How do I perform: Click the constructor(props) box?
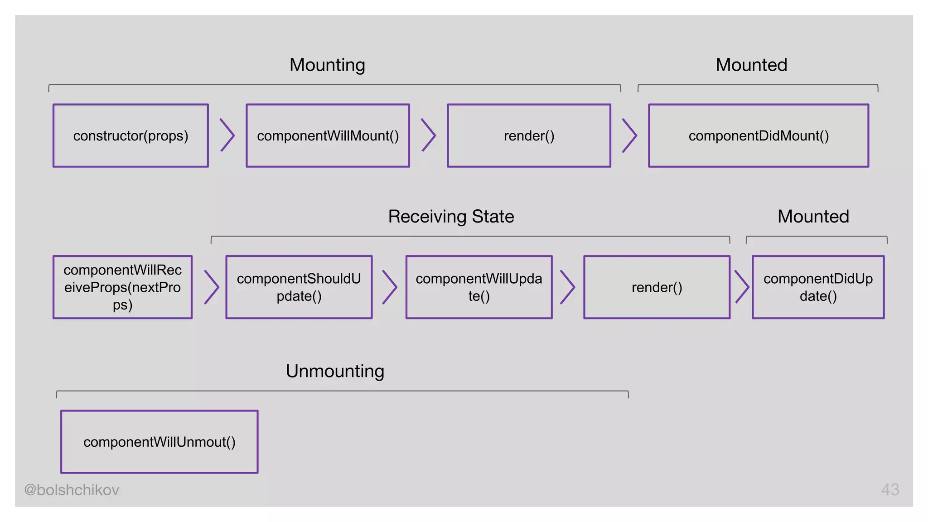point(130,135)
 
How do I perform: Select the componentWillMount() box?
point(328,135)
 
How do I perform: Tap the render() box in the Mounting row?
point(529,135)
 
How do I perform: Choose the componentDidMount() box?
point(759,135)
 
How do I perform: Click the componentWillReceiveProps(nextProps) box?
point(122,287)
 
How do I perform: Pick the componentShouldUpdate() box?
point(299,287)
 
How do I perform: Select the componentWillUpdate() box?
point(479,287)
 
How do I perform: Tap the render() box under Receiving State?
point(657,287)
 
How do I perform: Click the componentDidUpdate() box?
point(818,287)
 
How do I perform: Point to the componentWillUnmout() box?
point(159,442)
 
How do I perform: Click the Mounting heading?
point(327,65)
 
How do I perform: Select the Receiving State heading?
point(451,217)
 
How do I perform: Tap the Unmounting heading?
point(335,371)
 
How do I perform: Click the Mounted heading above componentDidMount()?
point(751,65)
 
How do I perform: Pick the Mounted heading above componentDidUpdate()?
point(813,217)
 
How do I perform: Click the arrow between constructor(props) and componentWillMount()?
point(227,135)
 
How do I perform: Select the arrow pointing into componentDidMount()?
point(629,135)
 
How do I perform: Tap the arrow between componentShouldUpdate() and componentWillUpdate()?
point(390,287)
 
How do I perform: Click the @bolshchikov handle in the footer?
point(72,490)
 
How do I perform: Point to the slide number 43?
point(890,490)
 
